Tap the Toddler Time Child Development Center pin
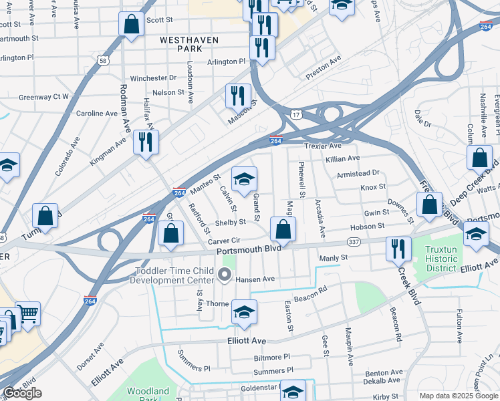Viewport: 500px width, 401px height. coord(225,274)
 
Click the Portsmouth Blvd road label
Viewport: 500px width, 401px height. coord(247,251)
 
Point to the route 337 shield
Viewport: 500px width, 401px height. coord(354,242)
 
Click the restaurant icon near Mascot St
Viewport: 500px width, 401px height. coord(237,96)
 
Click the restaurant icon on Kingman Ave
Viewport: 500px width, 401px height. coord(145,142)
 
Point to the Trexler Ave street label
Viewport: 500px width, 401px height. coord(323,146)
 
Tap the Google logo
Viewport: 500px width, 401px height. coord(22,393)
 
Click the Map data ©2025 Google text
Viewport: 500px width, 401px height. coord(458,396)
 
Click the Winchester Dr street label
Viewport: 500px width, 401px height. coord(153,78)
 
